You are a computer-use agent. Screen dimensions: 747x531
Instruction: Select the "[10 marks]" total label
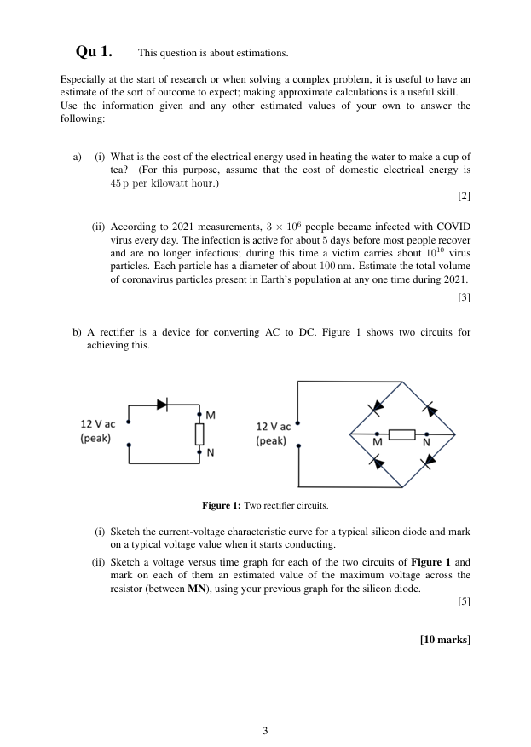pos(445,640)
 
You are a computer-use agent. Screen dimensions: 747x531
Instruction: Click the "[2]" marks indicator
pos(464,197)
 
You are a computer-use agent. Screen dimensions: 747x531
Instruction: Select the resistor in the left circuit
pos(199,434)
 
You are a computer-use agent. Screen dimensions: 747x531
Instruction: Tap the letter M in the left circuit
pos(210,414)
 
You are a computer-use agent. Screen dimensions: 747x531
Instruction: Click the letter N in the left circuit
pos(210,452)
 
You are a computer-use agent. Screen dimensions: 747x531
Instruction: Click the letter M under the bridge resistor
pos(376,446)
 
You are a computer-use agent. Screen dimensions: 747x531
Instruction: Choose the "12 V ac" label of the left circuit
pos(98,424)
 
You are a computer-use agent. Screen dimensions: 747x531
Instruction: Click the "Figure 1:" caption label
pos(221,504)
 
